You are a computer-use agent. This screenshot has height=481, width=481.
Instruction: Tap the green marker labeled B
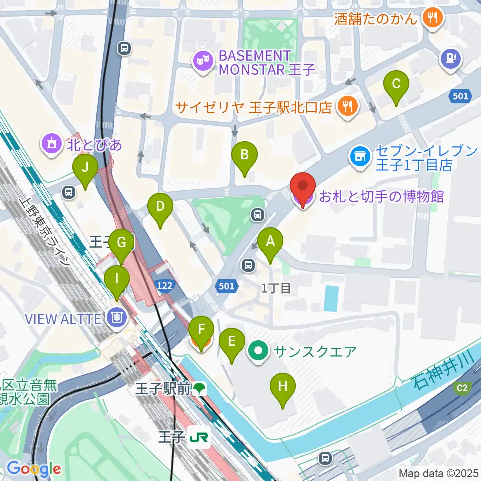pyautogui.click(x=244, y=155)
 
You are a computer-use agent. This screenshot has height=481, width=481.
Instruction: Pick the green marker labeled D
pyautogui.click(x=160, y=206)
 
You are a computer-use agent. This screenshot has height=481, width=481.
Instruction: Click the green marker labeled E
pyautogui.click(x=232, y=342)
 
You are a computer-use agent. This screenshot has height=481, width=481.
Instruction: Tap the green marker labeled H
pyautogui.click(x=283, y=387)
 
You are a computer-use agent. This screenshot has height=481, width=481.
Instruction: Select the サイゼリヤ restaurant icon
pyautogui.click(x=346, y=106)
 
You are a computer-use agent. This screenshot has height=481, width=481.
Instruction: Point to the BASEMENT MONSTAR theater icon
pyautogui.click(x=203, y=62)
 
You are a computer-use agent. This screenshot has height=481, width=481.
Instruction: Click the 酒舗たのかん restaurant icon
pyautogui.click(x=431, y=19)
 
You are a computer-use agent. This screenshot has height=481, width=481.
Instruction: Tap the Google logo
pyautogui.click(x=34, y=469)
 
